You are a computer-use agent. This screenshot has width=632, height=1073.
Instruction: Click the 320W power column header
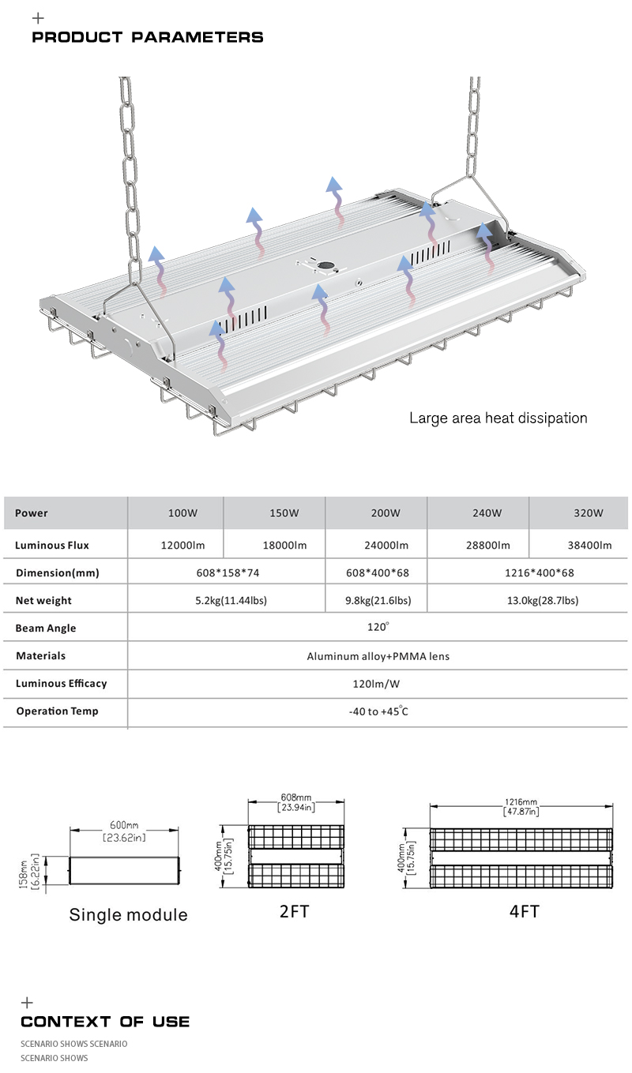pos(589,513)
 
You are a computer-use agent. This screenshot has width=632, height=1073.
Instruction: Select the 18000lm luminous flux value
pos(284,545)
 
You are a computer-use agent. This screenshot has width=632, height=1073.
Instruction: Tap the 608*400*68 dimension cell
pos(378,573)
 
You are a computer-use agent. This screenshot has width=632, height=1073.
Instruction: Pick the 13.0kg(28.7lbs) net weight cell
pos(543,601)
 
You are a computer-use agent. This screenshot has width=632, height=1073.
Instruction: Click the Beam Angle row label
pos(46,628)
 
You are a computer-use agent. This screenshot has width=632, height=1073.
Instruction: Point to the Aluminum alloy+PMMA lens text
pos(378,656)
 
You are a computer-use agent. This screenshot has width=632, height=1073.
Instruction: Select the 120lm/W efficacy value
pos(376,684)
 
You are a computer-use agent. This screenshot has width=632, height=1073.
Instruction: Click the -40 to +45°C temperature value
pos(378,711)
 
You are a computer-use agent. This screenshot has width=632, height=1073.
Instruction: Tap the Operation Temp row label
pos(57,711)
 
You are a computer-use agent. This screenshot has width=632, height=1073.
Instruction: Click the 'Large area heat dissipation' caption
pos(498,418)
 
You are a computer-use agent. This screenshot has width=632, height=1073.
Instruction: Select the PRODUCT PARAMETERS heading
pos(148,37)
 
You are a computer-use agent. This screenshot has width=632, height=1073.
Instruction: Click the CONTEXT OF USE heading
pos(105,1022)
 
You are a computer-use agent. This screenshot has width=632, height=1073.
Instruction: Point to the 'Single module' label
pos(129,915)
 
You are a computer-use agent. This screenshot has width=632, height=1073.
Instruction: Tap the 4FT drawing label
pos(525,911)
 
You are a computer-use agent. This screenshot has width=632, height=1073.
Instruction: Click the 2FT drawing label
pos(294,911)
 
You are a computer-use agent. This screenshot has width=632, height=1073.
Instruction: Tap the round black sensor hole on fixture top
pos(326,265)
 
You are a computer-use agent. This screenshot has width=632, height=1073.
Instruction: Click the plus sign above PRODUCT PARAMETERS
pos(38,18)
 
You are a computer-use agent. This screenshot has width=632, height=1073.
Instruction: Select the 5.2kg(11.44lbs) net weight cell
pos(231,601)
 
